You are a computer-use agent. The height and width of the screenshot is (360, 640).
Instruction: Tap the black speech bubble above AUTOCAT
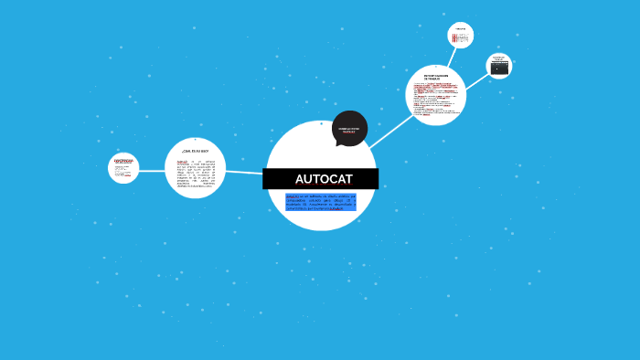coord(349,129)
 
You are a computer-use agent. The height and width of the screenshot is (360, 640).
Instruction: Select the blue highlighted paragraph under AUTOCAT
coord(320,202)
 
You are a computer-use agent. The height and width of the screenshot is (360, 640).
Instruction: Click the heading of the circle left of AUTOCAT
coord(195,149)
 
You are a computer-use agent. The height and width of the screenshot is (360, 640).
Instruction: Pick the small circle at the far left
coord(123,168)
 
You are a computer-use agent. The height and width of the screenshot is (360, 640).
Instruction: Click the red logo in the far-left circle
coord(123,162)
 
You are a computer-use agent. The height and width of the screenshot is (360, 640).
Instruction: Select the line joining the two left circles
coord(152,169)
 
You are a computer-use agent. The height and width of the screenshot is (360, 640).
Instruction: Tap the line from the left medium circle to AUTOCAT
coord(244,172)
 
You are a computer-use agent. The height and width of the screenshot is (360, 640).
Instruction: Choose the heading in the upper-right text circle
coord(436,77)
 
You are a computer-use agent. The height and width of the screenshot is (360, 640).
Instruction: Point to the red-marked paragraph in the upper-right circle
coord(435,97)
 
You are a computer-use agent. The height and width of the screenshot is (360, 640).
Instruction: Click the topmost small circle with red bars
coord(461,36)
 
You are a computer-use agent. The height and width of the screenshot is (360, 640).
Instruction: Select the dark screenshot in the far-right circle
coord(499,68)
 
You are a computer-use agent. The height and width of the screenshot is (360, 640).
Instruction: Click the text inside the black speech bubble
coord(349,131)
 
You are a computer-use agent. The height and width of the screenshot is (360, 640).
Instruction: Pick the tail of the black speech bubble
coord(339,143)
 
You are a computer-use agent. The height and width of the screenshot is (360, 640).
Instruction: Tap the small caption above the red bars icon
coord(461,29)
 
